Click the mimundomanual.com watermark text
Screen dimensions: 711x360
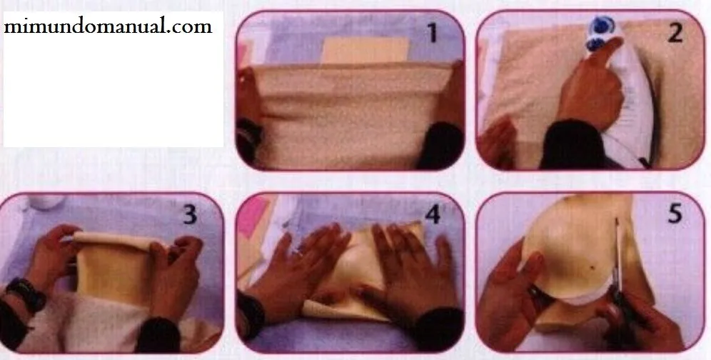point(108,26)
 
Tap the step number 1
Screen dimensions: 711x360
point(433,33)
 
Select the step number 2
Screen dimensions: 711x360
point(675,33)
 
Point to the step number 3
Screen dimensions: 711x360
point(190,214)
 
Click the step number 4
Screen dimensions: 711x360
point(433,214)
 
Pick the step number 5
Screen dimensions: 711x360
point(675,214)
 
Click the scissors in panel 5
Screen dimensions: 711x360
point(621,281)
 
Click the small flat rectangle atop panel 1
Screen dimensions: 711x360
point(365,50)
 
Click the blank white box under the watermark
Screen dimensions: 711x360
point(114,91)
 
